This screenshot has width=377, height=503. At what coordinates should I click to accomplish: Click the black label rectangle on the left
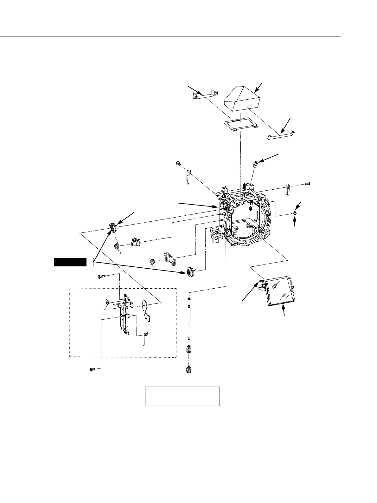(x=70, y=262)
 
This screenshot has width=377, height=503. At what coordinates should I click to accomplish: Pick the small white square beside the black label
(x=90, y=262)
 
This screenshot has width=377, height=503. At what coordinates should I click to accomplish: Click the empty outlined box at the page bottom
(x=182, y=396)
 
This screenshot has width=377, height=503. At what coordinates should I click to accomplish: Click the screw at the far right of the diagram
(x=307, y=183)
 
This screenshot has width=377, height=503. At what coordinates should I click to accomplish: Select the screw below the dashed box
(x=93, y=369)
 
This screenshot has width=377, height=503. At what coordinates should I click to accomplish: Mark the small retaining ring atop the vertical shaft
(x=188, y=299)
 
